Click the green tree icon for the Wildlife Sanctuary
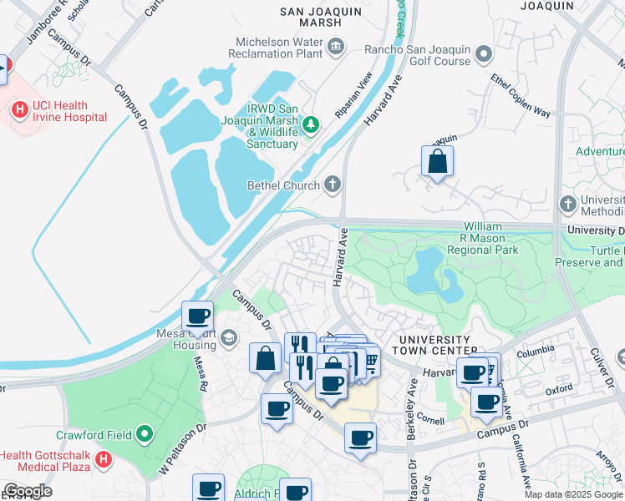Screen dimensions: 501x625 [x=311, y=124]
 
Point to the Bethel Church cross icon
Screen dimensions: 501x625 [x=333, y=184]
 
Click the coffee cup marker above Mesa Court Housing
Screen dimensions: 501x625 [x=198, y=316]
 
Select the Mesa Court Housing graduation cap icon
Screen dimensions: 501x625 [x=229, y=337]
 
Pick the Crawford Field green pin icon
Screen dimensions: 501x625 [x=145, y=434]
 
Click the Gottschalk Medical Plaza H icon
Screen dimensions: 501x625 [x=103, y=458]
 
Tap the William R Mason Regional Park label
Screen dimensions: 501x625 [x=482, y=238]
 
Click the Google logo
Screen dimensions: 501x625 [x=27, y=491]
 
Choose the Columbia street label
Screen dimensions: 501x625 [x=536, y=352]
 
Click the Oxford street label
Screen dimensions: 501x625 [x=559, y=389]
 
